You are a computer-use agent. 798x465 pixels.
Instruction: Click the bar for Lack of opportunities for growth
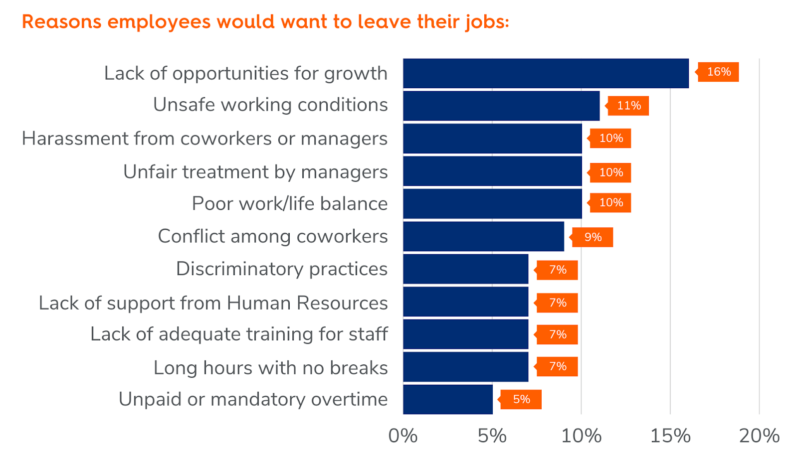point(546,73)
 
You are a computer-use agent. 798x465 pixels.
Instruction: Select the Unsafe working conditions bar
point(501,106)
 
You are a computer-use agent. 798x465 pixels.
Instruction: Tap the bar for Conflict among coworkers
point(483,237)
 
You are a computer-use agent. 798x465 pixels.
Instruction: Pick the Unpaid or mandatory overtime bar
point(448,399)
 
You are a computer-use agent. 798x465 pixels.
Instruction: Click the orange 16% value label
point(718,72)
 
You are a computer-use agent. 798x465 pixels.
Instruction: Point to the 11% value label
point(628,106)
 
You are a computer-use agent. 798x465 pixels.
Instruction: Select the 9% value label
point(593,237)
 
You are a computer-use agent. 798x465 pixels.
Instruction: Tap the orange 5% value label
point(521,399)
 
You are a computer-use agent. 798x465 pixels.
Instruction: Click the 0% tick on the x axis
point(403,436)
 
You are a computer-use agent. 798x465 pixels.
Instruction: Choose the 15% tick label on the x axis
point(670,436)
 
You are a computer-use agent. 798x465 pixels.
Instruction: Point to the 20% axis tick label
point(759,436)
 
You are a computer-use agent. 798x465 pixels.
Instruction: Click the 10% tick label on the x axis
point(581,436)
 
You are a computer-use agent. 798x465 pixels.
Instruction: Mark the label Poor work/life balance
point(290,204)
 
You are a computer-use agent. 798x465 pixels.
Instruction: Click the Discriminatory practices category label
point(282,269)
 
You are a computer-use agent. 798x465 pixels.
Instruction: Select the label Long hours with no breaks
point(271,368)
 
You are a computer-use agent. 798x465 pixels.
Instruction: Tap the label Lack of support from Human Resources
point(213,303)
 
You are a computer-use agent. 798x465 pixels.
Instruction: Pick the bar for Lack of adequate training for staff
point(465,334)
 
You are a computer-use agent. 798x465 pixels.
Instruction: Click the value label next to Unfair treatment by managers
point(610,172)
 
